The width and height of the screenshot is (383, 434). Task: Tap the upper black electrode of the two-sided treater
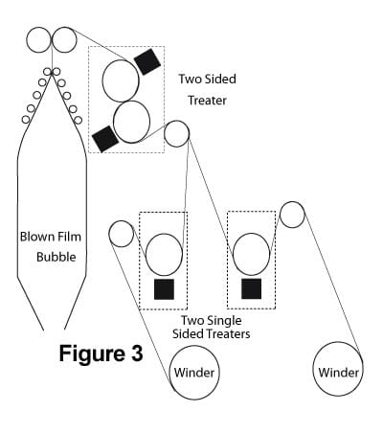pos(147,61)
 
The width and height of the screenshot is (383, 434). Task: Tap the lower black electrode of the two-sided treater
pos(105,139)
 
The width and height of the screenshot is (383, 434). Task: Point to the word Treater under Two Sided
pos(207,101)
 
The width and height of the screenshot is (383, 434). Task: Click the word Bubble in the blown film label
pos(56,257)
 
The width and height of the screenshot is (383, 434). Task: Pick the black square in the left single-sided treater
pos(164,289)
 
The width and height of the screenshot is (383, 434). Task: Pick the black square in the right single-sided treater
pos(252,288)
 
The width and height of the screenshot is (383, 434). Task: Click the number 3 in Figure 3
pos(137,354)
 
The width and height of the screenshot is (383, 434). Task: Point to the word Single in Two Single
pos(224,320)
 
